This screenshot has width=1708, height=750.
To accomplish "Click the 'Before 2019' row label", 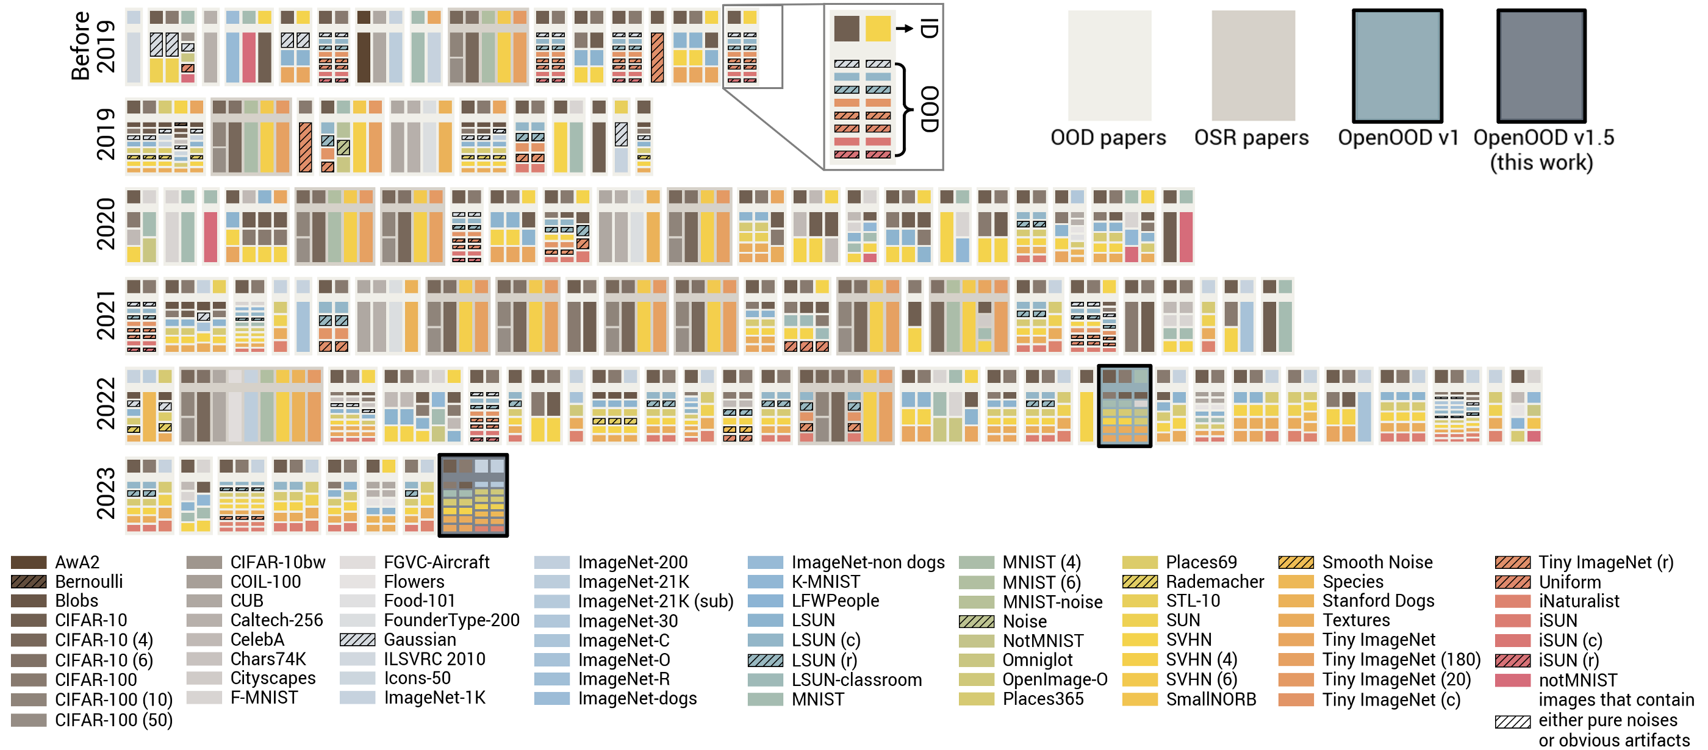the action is [93, 46].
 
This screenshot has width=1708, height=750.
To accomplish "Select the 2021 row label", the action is [106, 315].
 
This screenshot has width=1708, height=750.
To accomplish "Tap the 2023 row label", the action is [106, 493].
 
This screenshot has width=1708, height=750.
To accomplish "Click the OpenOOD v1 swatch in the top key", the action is [1397, 66].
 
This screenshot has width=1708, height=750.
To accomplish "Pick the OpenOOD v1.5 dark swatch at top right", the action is [1541, 66].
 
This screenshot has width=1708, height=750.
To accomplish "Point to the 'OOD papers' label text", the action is [1108, 138].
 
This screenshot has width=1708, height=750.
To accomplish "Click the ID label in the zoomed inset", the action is [930, 29].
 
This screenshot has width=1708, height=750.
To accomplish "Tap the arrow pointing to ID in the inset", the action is [905, 29].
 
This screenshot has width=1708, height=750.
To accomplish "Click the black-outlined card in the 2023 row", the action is [473, 495].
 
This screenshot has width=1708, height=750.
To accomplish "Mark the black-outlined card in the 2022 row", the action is [1124, 405].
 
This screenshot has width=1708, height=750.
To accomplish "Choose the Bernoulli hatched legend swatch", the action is [29, 582].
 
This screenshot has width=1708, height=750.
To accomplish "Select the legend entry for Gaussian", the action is [398, 640].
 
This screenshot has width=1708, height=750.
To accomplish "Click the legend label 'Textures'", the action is [1356, 620].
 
